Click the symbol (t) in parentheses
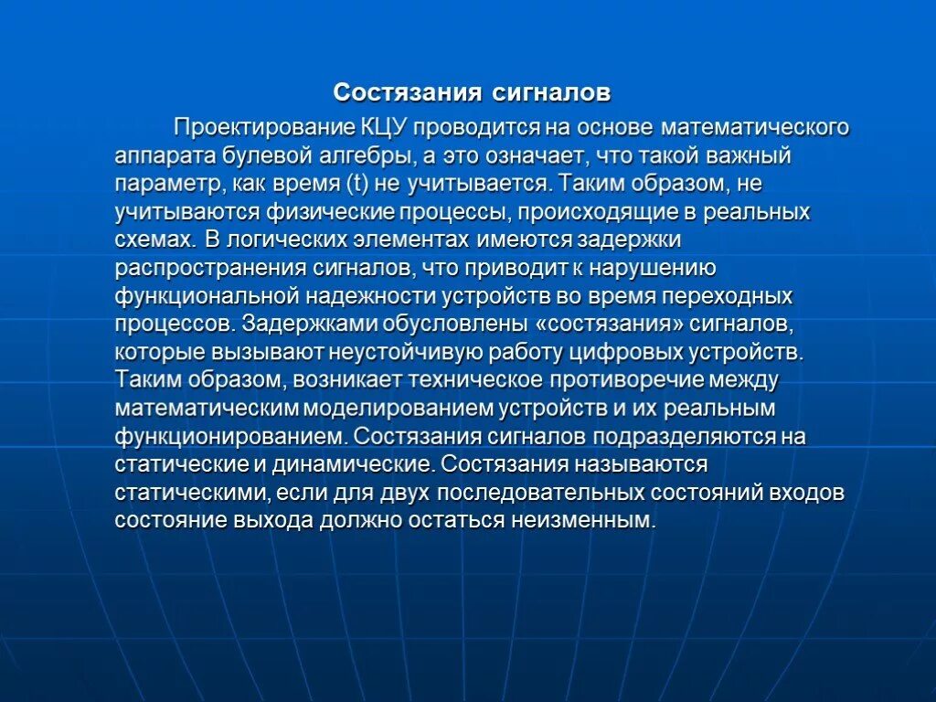coord(358,183)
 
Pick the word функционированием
coord(229,437)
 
